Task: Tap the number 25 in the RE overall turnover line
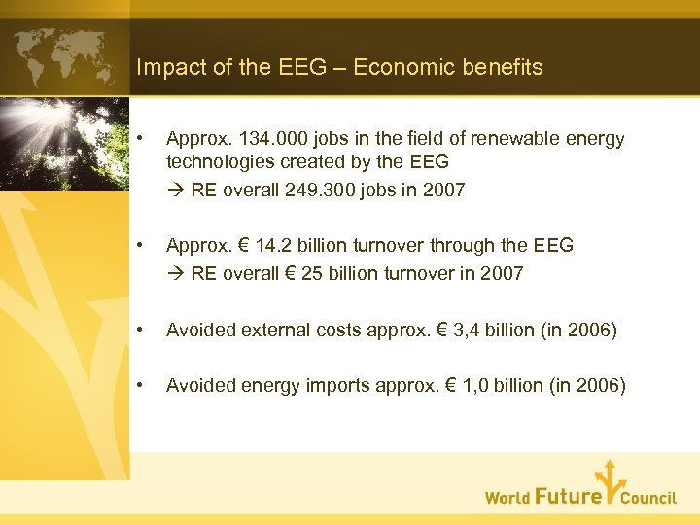[x=312, y=273]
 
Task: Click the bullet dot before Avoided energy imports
[x=142, y=385]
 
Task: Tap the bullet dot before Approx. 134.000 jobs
[x=142, y=139]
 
